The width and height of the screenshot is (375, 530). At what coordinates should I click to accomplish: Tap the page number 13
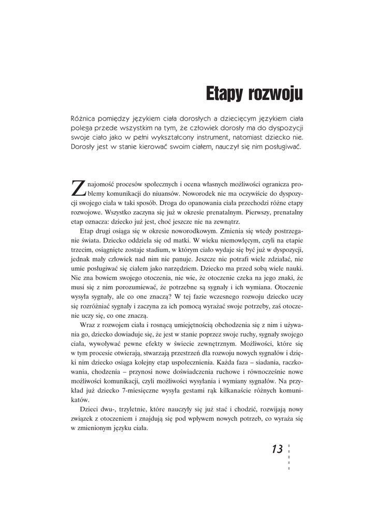277,449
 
